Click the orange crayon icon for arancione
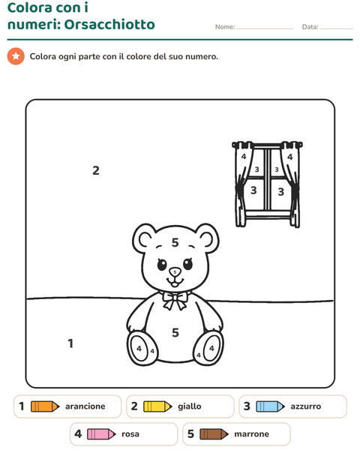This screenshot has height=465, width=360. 45,406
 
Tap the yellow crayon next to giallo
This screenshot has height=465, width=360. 157,406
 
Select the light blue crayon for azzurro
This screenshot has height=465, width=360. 271,406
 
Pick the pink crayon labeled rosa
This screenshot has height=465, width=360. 101,434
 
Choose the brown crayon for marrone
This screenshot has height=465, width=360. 214,434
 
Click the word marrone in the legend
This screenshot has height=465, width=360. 251,434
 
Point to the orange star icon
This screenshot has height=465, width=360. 16,56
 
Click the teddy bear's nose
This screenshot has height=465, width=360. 175,271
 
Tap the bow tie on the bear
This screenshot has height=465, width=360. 175,301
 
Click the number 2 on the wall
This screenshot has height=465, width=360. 96,170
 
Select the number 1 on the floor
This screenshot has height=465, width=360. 70,343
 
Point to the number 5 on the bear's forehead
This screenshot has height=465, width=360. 175,242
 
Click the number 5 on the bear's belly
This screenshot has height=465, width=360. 175,332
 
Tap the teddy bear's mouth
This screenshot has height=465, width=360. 175,281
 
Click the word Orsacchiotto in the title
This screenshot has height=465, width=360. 109,24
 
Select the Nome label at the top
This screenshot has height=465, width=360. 225,27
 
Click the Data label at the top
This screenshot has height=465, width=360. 310,27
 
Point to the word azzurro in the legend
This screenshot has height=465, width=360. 306,406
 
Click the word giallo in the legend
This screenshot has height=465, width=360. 190,406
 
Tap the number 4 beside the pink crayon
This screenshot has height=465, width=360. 78,434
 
